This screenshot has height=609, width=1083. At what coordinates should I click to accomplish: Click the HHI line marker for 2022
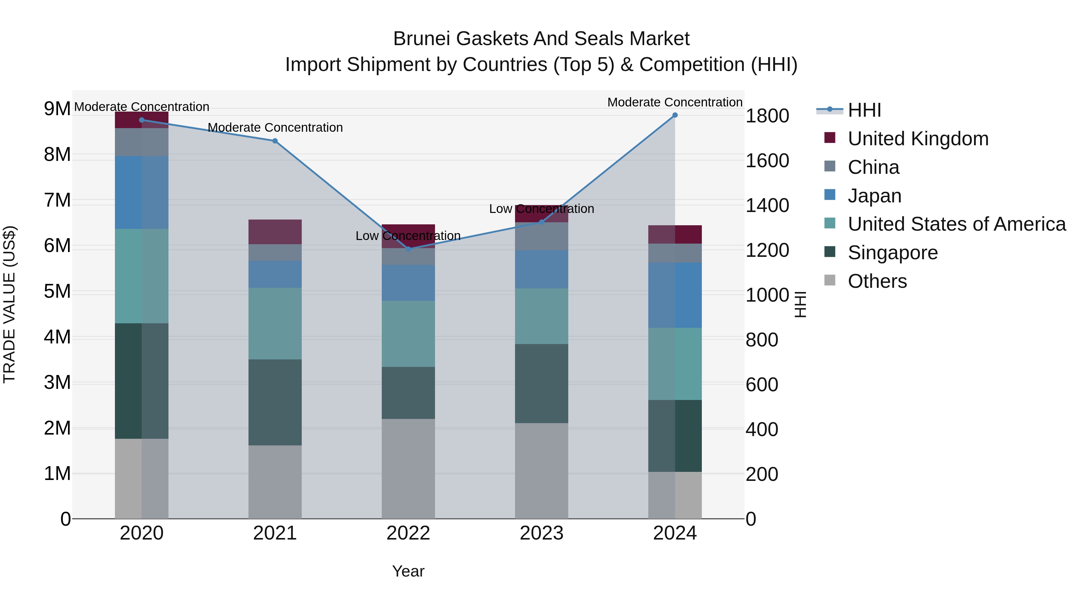point(408,249)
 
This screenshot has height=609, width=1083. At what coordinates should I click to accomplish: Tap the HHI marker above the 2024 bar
point(675,115)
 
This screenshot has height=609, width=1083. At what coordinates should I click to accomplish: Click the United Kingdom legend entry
point(918,139)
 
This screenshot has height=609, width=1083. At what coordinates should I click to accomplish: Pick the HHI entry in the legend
point(864,110)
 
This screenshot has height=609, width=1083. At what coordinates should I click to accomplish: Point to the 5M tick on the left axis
point(57,291)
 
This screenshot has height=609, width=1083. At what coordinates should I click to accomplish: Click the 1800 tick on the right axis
point(767,116)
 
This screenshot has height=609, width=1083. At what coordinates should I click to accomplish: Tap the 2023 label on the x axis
point(541,533)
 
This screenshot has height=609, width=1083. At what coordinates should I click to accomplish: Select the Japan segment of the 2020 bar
point(141,192)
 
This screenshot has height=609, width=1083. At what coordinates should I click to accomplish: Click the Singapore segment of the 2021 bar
point(275,402)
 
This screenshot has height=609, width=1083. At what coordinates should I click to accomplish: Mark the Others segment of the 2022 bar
point(408,469)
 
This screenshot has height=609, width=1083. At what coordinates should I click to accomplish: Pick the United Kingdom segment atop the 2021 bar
point(275,232)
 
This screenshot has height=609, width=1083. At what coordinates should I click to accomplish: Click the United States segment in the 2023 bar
point(541,316)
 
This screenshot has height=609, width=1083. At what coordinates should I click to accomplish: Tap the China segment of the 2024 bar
point(675,253)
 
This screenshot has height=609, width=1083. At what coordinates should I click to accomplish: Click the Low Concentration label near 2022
point(408,236)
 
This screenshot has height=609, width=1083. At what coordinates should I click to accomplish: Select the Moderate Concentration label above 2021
point(275,127)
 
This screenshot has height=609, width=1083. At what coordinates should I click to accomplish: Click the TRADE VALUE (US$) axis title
point(9,304)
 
